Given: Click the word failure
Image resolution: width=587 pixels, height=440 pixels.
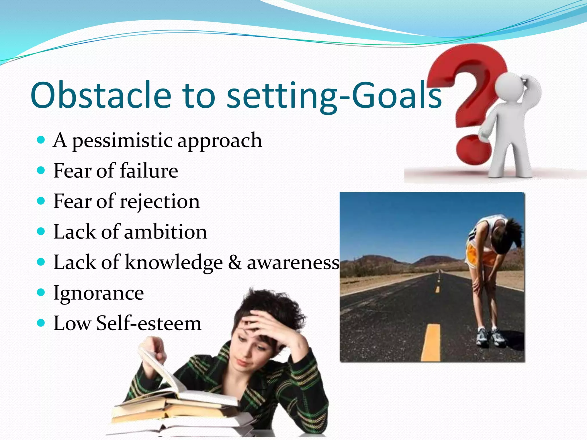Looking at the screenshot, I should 149,171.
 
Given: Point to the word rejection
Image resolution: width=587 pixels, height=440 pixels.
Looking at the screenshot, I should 159,202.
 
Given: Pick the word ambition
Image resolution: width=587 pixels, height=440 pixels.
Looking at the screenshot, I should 165,232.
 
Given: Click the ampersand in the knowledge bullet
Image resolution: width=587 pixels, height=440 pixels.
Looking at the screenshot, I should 235,262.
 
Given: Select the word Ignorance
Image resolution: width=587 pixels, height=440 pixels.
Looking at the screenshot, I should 99,293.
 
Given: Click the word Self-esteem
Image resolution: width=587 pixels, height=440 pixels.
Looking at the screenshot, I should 149,324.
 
